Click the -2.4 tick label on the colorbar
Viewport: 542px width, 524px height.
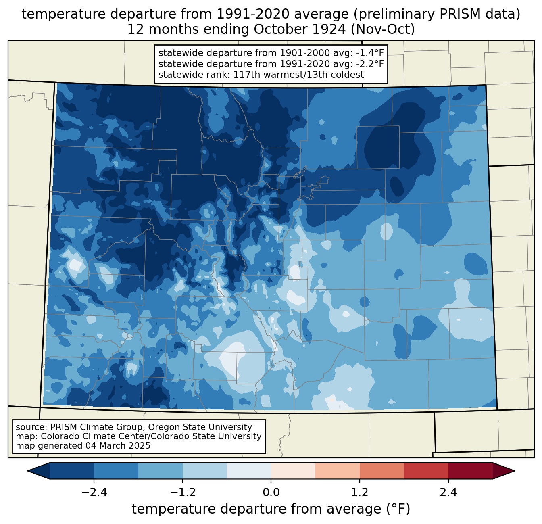coord(94,492)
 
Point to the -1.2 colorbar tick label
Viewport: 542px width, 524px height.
coord(183,492)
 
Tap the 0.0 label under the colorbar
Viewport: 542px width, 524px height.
coord(271,492)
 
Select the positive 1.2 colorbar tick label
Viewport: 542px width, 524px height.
coord(360,492)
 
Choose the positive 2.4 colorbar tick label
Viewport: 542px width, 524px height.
coord(448,492)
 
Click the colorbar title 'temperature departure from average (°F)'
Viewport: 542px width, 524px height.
coord(271,509)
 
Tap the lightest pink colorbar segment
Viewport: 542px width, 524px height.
coord(293,471)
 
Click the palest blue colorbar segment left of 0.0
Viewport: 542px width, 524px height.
coord(249,471)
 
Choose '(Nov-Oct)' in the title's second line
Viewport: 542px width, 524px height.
coord(383,29)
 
